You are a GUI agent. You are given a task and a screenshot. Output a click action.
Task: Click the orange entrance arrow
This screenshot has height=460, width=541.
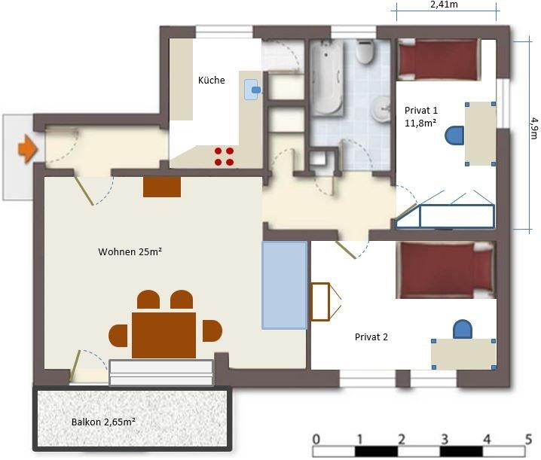pos(28,149)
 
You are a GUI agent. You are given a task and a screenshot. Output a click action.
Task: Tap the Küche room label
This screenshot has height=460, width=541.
pos(212,80)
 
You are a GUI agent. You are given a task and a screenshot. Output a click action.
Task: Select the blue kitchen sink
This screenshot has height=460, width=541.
pos(252,90)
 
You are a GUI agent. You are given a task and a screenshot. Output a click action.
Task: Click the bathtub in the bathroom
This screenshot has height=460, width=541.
pos(326,78)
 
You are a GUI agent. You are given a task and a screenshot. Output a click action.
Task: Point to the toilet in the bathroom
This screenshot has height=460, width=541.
pos(365,52)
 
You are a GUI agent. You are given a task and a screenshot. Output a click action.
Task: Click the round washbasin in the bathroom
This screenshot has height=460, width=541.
pos(381,108)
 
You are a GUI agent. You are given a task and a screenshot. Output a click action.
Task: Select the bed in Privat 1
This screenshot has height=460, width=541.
pos(439,59)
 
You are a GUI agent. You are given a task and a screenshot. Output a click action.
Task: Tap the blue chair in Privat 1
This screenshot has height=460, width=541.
pos(454,136)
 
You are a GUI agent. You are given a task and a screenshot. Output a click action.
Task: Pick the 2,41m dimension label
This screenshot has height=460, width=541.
pos(444,5)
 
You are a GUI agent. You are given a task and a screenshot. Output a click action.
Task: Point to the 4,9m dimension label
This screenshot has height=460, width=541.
pos(534,128)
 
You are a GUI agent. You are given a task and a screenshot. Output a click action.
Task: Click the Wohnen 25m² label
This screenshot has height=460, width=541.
pos(130,251)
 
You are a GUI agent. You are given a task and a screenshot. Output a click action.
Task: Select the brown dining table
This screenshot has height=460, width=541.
pos(164,335)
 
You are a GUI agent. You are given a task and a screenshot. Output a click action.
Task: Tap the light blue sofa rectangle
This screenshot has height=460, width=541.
pos(284,285)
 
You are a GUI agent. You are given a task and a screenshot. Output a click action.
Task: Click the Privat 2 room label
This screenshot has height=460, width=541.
pos(371,337)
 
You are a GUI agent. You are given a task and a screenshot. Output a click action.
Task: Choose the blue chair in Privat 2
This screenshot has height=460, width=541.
pos(463,329)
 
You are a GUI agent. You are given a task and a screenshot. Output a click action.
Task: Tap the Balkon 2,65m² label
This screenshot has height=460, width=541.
pos(103,422)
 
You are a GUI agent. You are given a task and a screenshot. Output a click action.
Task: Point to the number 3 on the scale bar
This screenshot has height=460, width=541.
pos(445,440)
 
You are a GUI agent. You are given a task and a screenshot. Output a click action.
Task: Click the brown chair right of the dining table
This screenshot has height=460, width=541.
pos(212,331)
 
